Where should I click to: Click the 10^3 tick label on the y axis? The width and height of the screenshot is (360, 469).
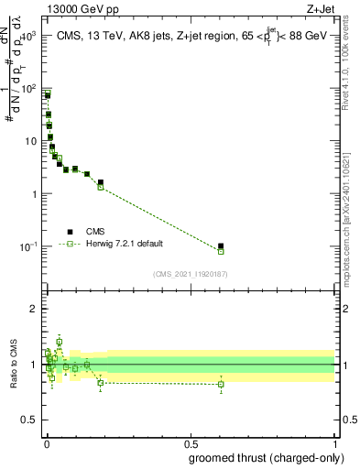[x=27, y=37]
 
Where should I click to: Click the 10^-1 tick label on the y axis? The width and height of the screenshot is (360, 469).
[x=27, y=246]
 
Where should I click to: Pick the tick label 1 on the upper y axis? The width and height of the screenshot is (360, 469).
[x=34, y=194]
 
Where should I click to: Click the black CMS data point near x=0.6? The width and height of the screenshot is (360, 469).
[x=221, y=245]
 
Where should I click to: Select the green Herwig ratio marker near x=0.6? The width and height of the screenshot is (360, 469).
[x=221, y=384]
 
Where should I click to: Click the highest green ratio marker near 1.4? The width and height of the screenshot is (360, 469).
[x=60, y=342]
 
